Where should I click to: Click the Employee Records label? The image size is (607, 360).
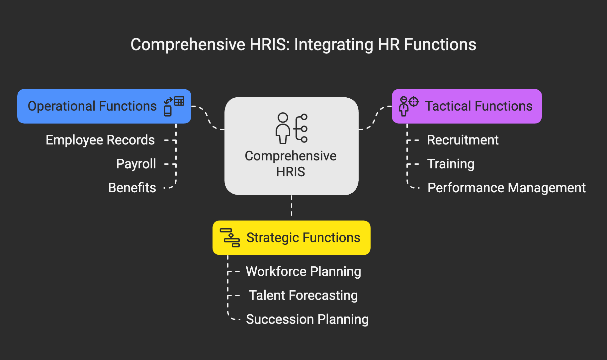pyautogui.click(x=100, y=140)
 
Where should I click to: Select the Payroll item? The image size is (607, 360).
pyautogui.click(x=136, y=164)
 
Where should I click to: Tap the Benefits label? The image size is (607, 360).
pyautogui.click(x=132, y=188)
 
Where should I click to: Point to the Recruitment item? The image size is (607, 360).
pyautogui.click(x=463, y=140)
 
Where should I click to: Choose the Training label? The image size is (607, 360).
pyautogui.click(x=451, y=164)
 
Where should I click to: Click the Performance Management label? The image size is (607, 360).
pyautogui.click(x=506, y=188)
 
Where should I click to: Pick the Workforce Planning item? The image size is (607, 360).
pyautogui.click(x=303, y=272)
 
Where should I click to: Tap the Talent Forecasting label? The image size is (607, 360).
pyautogui.click(x=303, y=296)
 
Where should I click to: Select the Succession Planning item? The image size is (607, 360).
pyautogui.click(x=307, y=319)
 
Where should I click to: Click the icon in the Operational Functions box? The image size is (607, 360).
pyautogui.click(x=174, y=106)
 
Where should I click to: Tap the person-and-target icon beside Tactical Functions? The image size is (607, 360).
pyautogui.click(x=408, y=106)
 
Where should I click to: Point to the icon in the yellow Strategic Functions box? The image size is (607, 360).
pyautogui.click(x=230, y=238)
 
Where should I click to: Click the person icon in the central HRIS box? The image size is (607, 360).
pyautogui.click(x=283, y=128)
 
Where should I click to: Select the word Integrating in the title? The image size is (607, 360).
pyautogui.click(x=333, y=45)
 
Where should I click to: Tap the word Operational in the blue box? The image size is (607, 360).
pyautogui.click(x=61, y=106)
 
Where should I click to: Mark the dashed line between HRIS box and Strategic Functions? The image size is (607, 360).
pyautogui.click(x=292, y=206)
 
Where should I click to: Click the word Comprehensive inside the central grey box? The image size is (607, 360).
pyautogui.click(x=291, y=156)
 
